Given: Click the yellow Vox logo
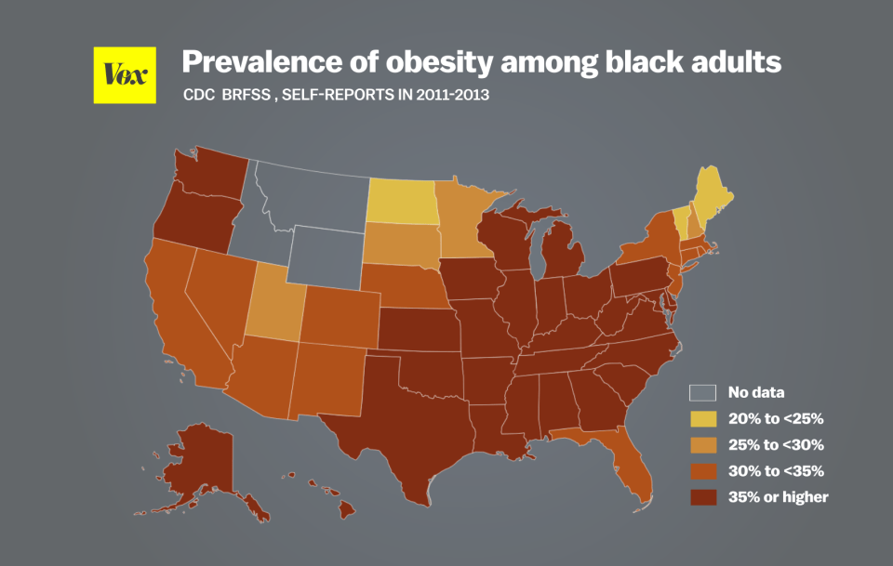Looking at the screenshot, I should (x=125, y=73).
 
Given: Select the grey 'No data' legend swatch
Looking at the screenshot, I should (x=702, y=392).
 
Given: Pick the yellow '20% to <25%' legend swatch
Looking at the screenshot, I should (x=702, y=418).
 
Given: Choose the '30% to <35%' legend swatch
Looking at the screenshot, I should (x=702, y=470).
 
